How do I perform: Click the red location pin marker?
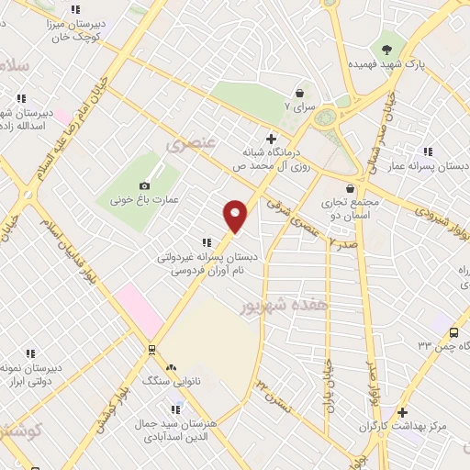pos(236,215)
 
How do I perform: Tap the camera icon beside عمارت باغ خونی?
pos(144,186)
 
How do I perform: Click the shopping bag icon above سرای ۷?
pos(299,93)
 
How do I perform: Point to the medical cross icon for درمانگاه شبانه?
pos(270,138)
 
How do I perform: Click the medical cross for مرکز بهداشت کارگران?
pos(402,413)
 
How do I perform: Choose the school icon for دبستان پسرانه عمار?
pos(428,151)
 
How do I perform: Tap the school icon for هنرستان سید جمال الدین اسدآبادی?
pos(171,408)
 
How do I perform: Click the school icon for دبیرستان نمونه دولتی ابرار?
pos(30,352)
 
